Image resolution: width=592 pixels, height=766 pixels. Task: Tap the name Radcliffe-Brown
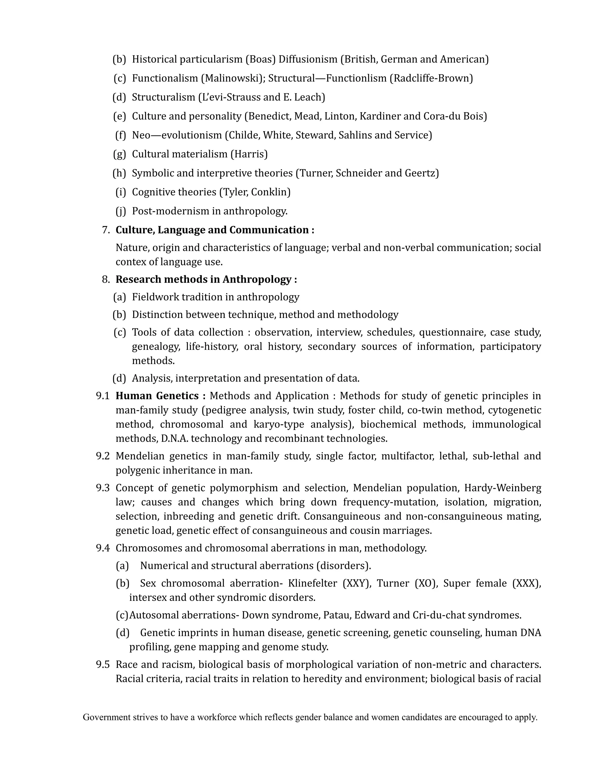coord(431,78)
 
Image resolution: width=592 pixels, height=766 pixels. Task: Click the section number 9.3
coord(103,488)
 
